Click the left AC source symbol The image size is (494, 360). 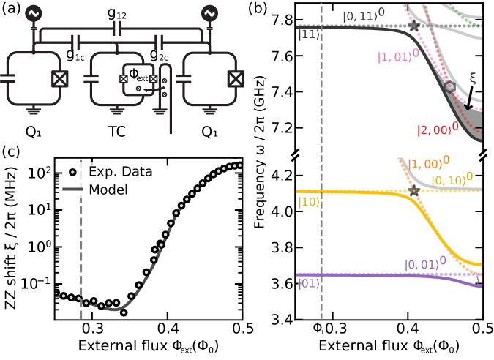(x=34, y=13)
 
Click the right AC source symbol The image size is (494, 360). (x=209, y=13)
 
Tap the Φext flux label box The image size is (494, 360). (x=138, y=74)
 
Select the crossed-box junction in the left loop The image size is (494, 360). (x=59, y=79)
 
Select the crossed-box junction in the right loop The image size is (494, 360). (x=235, y=79)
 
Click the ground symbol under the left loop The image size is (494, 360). (x=34, y=112)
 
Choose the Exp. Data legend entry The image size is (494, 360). (x=111, y=172)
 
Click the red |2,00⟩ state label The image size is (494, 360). (x=436, y=130)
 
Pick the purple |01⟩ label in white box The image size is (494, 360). (x=308, y=283)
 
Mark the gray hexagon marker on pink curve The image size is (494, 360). (x=450, y=86)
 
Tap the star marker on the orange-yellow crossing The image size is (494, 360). (x=413, y=191)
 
